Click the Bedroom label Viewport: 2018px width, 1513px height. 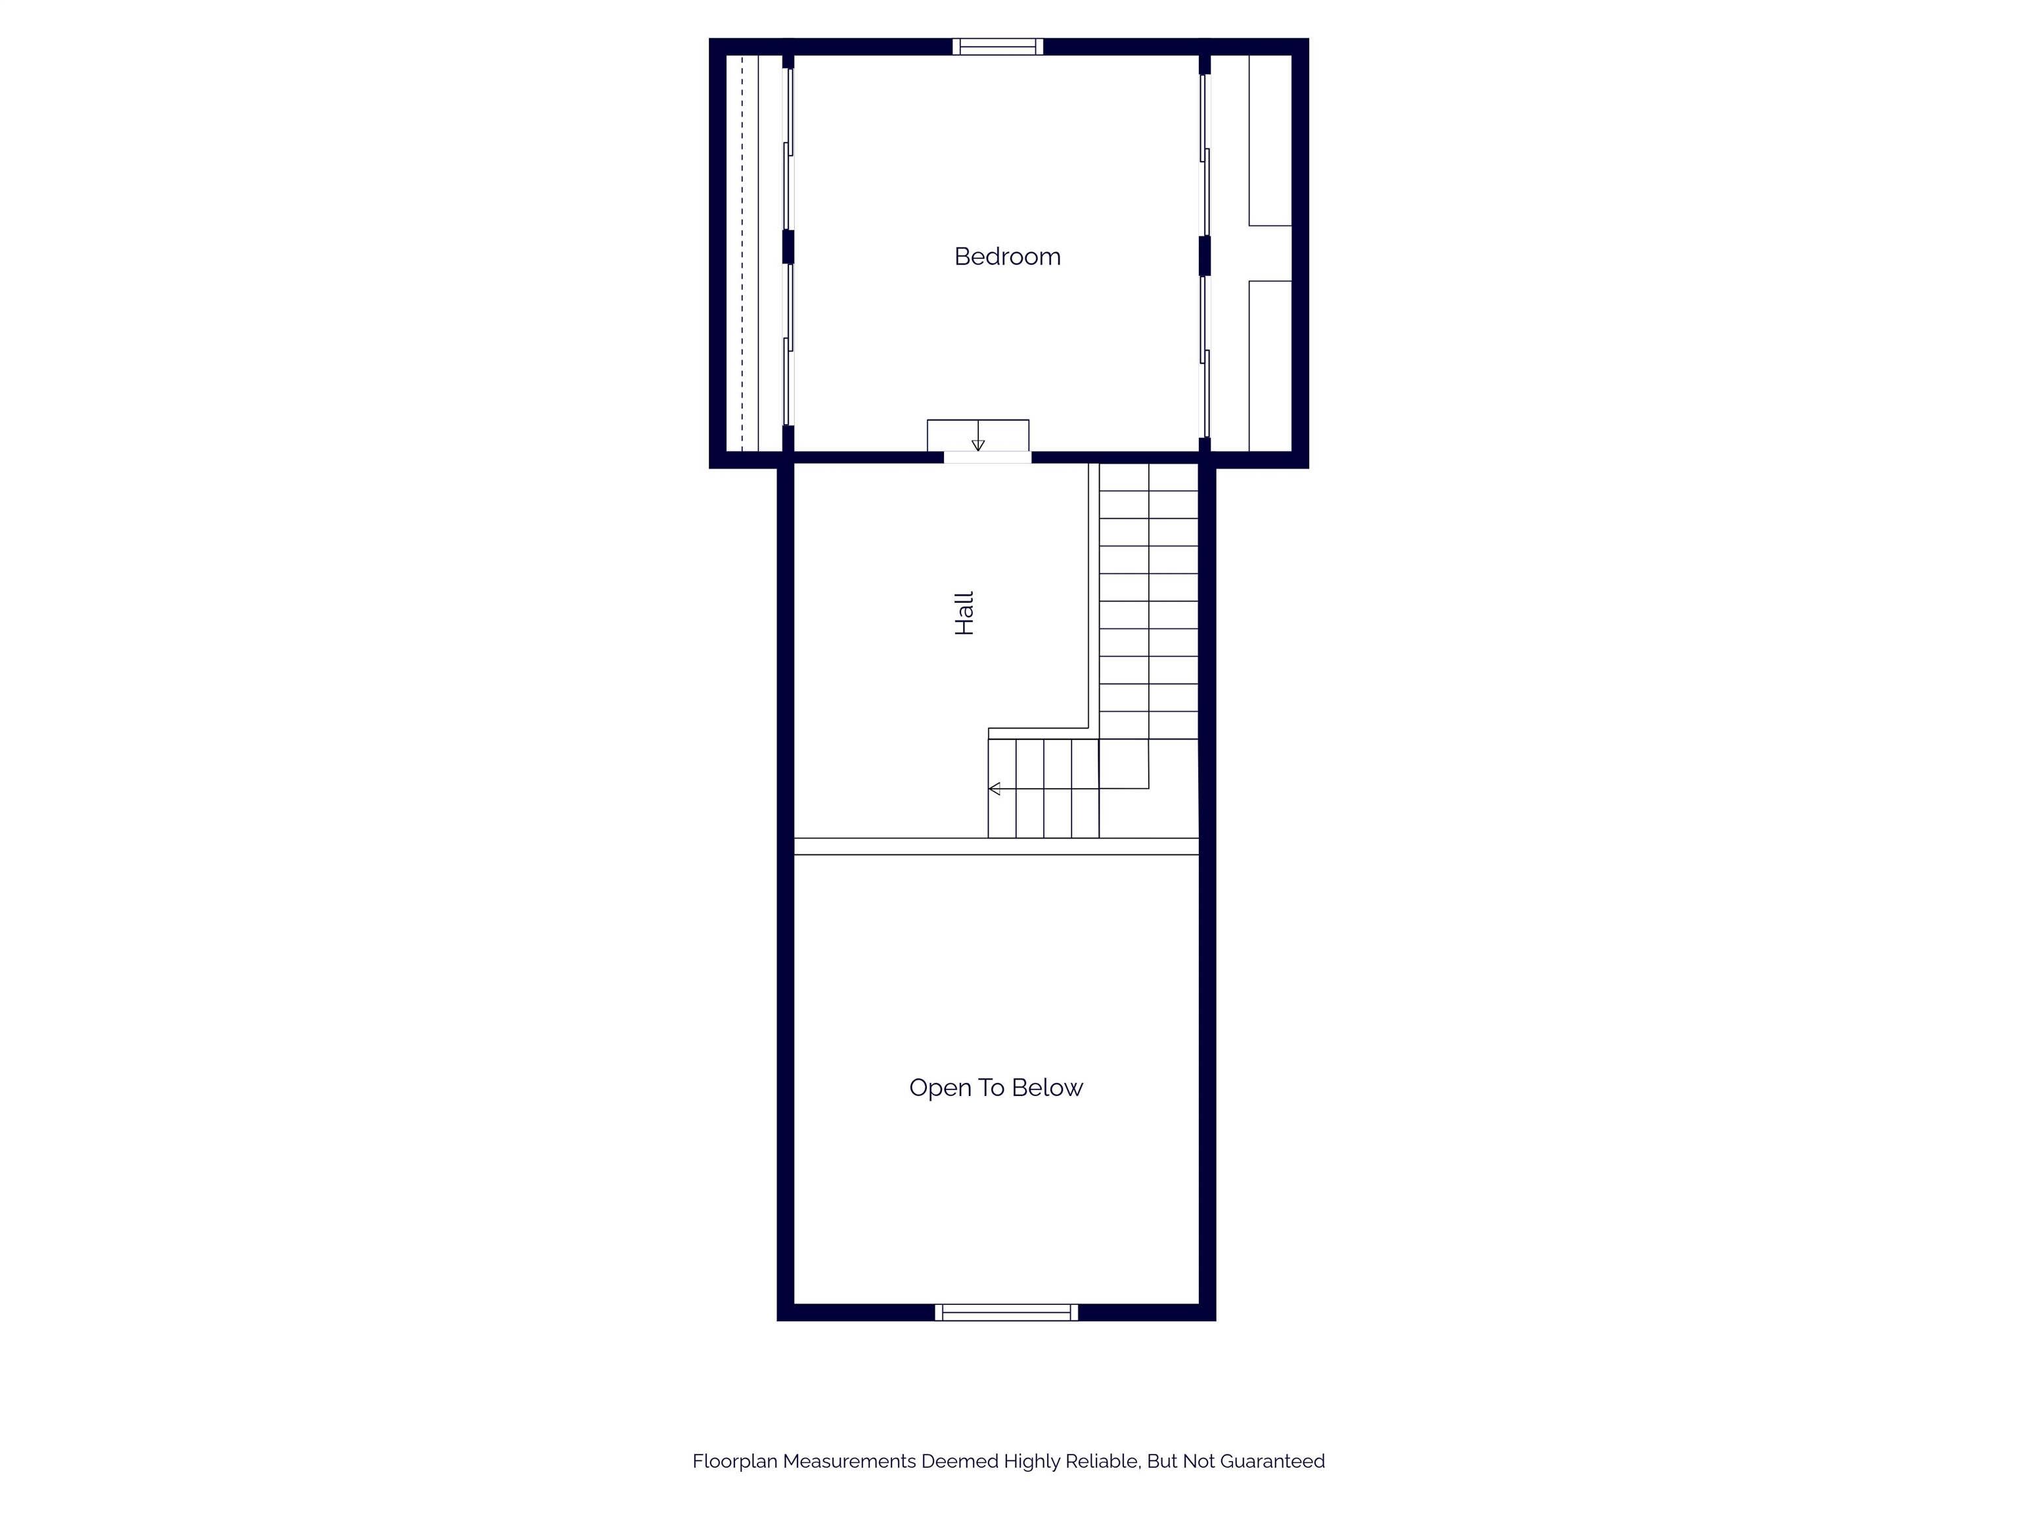[x=1007, y=256]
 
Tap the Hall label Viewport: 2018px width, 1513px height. [x=964, y=613]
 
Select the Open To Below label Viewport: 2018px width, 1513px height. [x=995, y=1087]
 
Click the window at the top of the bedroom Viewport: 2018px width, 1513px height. [x=998, y=47]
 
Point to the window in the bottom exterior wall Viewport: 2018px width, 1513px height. [x=1006, y=1312]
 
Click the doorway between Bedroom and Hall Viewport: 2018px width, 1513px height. [x=987, y=457]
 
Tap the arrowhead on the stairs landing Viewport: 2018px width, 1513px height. [x=995, y=789]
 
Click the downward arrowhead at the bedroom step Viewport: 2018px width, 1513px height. [x=978, y=445]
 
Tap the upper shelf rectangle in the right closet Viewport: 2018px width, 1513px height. [x=1270, y=141]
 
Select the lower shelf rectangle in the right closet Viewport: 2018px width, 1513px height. [x=1270, y=366]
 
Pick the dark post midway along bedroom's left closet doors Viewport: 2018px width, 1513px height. [x=788, y=247]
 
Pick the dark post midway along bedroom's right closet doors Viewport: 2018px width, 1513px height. [x=1204, y=255]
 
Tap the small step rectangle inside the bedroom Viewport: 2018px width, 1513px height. [x=978, y=435]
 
